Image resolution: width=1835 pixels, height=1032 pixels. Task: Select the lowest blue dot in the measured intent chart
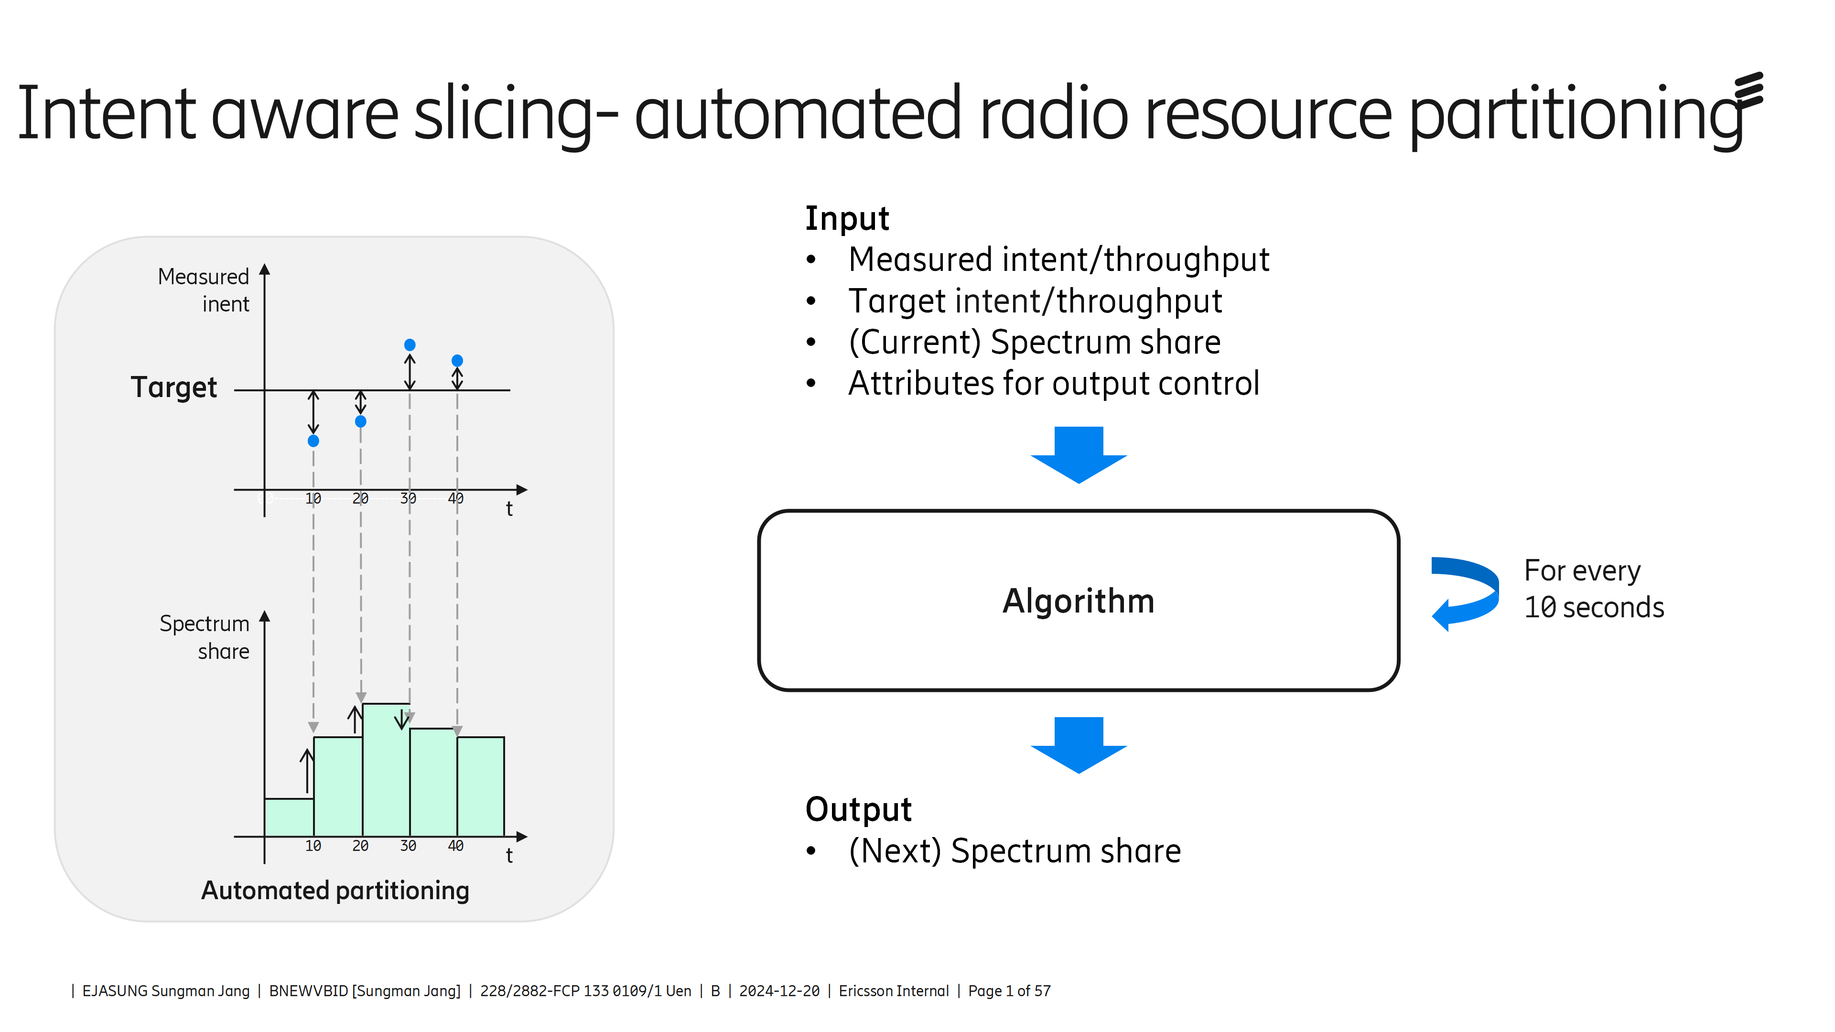coord(313,441)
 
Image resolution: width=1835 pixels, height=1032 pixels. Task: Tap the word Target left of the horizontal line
coord(174,387)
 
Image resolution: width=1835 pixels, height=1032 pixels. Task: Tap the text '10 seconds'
coord(1594,608)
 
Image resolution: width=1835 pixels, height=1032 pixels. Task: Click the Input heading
coord(846,219)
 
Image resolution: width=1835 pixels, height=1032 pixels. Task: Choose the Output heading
coord(858,809)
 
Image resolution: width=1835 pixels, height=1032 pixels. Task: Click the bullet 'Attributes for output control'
coord(1054,384)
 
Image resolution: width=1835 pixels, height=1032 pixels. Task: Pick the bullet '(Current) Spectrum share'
coord(1034,343)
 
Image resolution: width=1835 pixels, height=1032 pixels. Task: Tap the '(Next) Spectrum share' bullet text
coord(1015,851)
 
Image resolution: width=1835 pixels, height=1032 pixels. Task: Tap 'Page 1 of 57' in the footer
coord(1009,991)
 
